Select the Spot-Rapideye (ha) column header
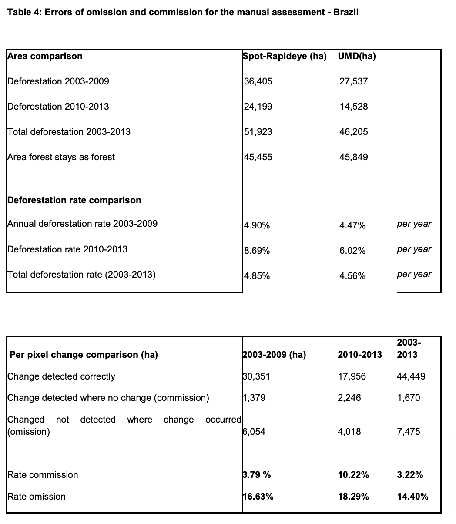285,56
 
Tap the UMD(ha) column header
357,56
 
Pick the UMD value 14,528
354,107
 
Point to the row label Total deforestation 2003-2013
69,132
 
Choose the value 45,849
354,157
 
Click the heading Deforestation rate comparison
74,200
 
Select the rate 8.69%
257,251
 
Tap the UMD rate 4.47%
352,225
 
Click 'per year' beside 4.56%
414,275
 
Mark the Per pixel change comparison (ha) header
84,355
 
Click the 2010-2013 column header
360,355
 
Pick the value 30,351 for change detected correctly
257,376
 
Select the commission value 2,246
349,398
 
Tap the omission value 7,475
409,432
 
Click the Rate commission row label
43,475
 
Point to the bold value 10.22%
353,475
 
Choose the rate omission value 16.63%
258,497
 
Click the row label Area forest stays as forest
61,157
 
